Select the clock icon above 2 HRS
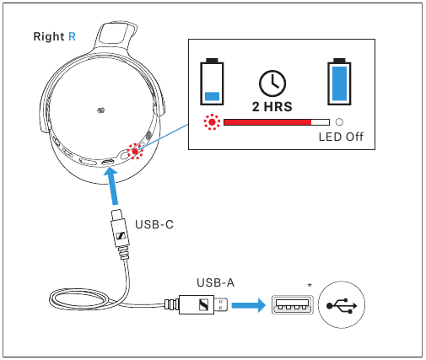[272, 82]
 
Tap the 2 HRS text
[272, 106]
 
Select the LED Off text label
[340, 137]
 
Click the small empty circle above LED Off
[340, 122]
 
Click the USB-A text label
[214, 282]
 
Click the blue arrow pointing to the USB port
[251, 304]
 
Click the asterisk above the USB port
[310, 286]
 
